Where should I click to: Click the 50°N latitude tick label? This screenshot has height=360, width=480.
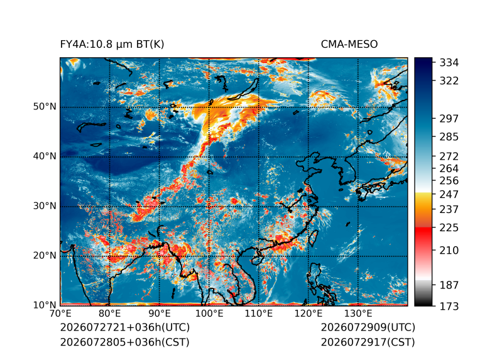coord(45,107)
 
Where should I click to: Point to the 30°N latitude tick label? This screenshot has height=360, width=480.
coord(45,206)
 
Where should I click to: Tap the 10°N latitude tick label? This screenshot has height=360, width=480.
coord(45,305)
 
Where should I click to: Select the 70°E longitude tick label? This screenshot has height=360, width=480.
coord(60,314)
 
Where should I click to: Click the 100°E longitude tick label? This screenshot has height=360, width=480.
coord(209,314)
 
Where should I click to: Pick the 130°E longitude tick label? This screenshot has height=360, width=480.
coord(358,314)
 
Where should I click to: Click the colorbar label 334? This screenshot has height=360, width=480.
coord(449,63)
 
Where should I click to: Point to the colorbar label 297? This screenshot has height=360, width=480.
coord(449,119)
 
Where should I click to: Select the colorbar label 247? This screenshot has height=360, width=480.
coord(449,194)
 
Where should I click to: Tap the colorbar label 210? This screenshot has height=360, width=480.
coord(449,251)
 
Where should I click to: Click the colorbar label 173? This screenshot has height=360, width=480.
coord(449,306)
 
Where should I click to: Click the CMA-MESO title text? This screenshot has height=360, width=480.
coord(349,45)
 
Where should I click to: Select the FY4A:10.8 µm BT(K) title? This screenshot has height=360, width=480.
coord(112,45)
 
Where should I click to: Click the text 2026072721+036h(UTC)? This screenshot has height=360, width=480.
coord(125,327)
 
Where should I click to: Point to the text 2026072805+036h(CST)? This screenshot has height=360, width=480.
coord(125,342)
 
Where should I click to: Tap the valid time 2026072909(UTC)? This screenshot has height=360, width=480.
coord(368,327)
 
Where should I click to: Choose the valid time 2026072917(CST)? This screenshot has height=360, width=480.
coord(368,342)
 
